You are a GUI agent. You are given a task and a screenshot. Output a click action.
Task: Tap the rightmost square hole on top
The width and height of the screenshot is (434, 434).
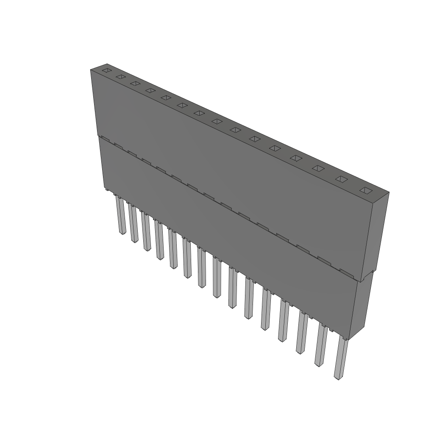pyautogui.click(x=365, y=190)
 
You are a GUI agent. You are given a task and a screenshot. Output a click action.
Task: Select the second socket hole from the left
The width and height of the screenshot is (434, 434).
pyautogui.click(x=121, y=77)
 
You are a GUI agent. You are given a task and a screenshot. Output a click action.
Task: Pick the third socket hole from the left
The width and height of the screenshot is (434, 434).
pyautogui.click(x=135, y=83)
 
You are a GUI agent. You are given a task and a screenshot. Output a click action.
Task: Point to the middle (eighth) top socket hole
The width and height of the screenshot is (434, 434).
pyautogui.click(x=217, y=122)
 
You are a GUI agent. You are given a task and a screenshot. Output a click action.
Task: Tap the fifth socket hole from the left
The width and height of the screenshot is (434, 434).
pyautogui.click(x=166, y=98)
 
